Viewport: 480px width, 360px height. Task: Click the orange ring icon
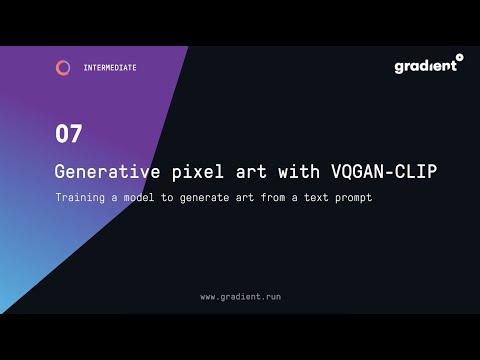pyautogui.click(x=63, y=68)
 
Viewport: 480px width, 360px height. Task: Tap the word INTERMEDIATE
pyautogui.click(x=110, y=68)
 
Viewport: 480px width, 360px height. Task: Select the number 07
pyautogui.click(x=69, y=133)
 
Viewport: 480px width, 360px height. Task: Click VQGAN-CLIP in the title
pyautogui.click(x=384, y=171)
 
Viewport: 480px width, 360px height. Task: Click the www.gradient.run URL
pyautogui.click(x=240, y=297)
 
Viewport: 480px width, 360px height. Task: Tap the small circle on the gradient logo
pyautogui.click(x=459, y=58)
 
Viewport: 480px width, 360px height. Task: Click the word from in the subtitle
pyautogui.click(x=267, y=197)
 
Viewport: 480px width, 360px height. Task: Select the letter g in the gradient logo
pyautogui.click(x=399, y=68)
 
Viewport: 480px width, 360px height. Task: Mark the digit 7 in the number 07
pyautogui.click(x=76, y=133)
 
